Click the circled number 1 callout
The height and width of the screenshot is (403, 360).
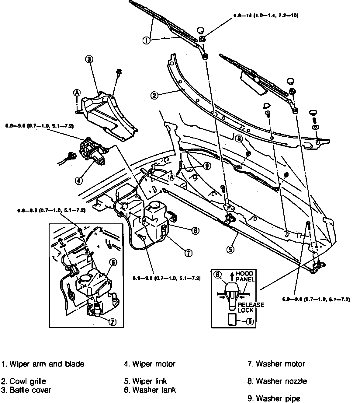click(x=146, y=40)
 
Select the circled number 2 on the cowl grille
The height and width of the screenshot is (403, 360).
click(x=154, y=95)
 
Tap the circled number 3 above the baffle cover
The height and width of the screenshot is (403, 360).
click(x=89, y=59)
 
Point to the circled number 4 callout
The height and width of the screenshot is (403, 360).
click(x=78, y=180)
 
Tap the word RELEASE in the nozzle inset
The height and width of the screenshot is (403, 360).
click(x=251, y=305)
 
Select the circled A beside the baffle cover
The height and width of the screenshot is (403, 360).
click(x=77, y=93)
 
